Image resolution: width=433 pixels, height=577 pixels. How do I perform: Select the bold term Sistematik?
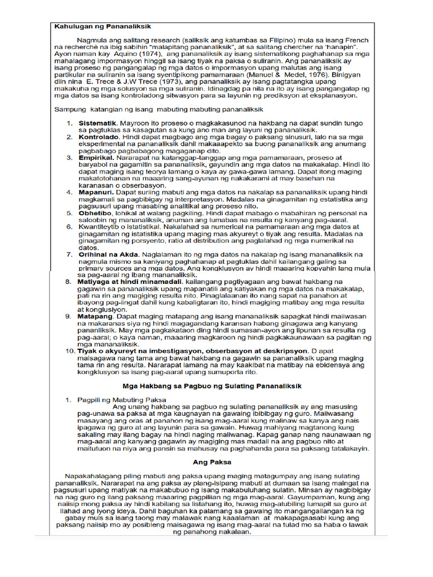[97, 123]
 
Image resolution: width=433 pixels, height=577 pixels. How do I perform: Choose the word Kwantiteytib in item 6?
[100, 227]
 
